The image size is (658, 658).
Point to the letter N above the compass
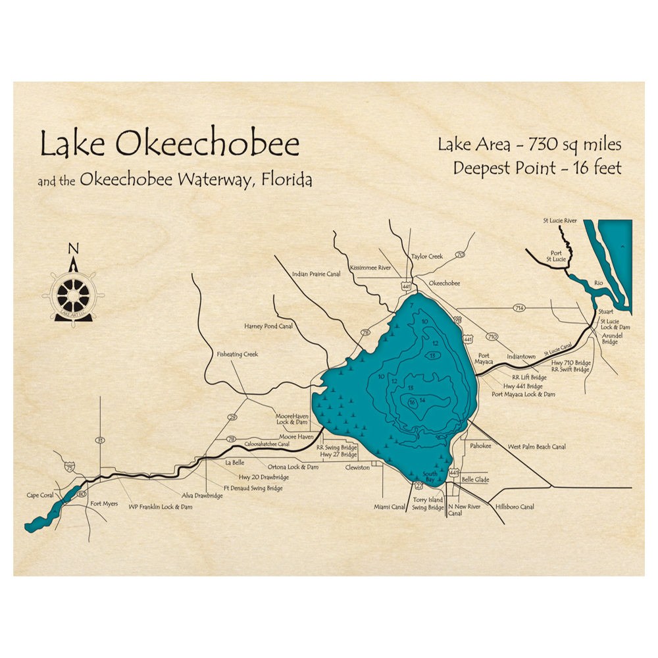[74, 249]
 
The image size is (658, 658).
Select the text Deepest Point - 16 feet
[537, 168]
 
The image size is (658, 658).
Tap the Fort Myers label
[104, 504]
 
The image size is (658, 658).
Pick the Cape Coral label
[39, 495]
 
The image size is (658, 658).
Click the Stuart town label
[606, 314]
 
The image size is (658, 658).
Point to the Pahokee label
[480, 445]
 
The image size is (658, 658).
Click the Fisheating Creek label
[238, 354]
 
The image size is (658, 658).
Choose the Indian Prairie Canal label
[315, 274]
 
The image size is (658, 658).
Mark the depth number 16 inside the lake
[412, 402]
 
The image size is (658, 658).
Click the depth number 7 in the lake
[411, 306]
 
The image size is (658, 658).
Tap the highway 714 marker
[519, 308]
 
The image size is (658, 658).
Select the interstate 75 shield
[70, 466]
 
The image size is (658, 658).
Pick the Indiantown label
[520, 357]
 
